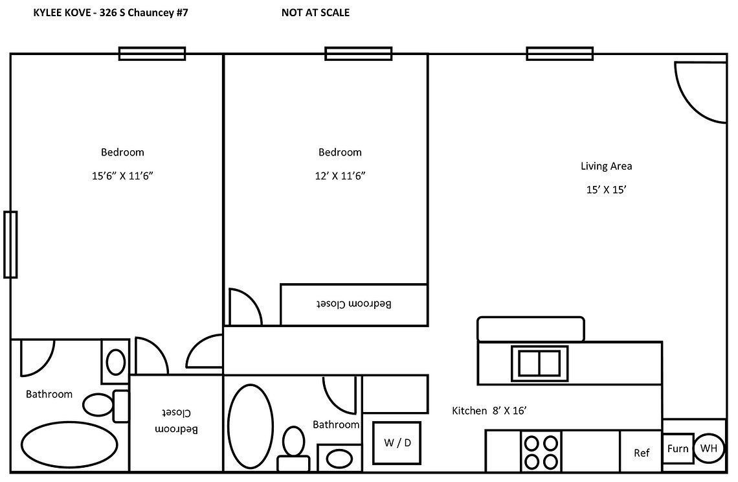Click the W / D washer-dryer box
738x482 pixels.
(397, 443)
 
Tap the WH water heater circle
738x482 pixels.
(709, 448)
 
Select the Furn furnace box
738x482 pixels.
(678, 448)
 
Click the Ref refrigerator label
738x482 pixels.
(642, 453)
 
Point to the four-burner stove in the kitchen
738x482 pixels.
(541, 452)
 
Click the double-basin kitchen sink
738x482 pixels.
(539, 363)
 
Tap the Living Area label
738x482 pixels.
(606, 166)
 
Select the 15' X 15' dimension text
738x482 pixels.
(606, 190)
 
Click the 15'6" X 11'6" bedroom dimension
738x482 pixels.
(122, 176)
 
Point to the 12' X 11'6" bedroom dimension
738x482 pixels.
(340, 176)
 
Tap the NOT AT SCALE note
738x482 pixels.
(315, 12)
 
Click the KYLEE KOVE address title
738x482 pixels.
(110, 12)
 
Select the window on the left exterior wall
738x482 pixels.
(10, 244)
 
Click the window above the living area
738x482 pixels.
(560, 54)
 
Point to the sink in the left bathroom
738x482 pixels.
(116, 361)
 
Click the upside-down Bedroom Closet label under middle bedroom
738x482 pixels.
(353, 304)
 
